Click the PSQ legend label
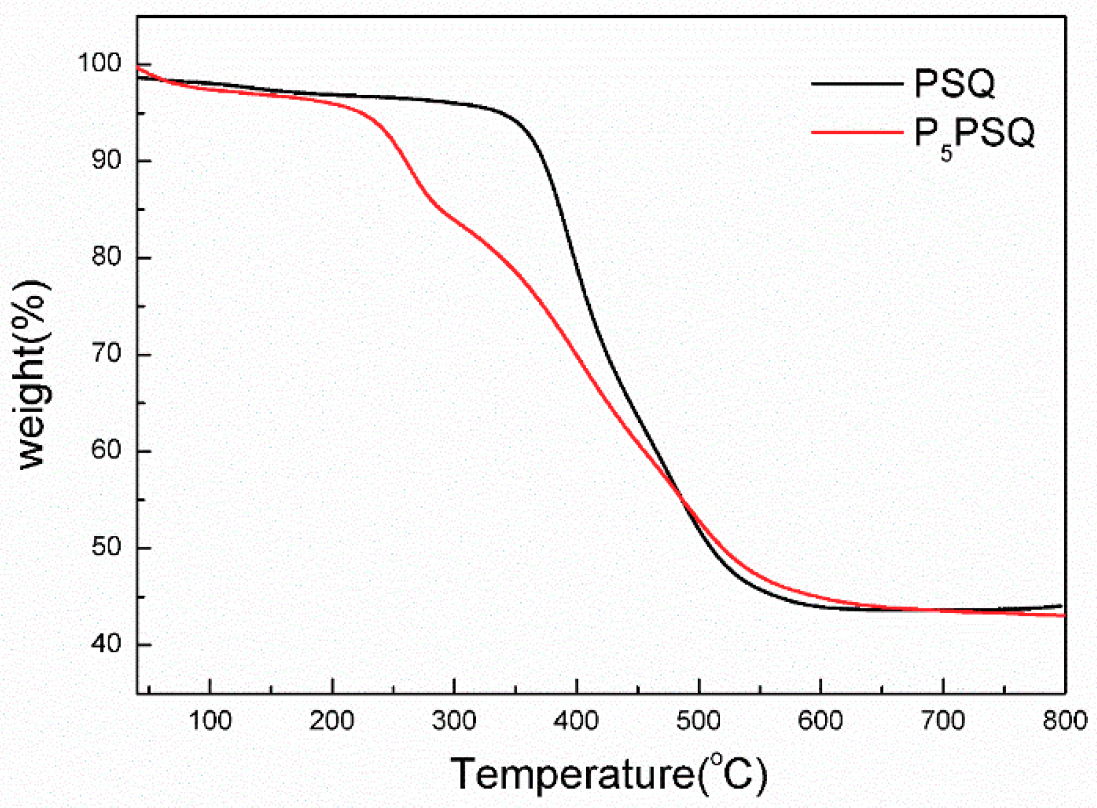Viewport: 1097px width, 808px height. click(954, 84)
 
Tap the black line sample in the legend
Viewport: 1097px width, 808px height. click(856, 84)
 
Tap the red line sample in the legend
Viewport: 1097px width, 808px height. click(856, 132)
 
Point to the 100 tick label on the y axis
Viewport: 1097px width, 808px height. click(99, 63)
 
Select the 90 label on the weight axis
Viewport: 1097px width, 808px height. click(106, 160)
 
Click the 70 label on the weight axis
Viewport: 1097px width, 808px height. click(106, 353)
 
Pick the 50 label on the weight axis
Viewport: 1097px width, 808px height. click(106, 547)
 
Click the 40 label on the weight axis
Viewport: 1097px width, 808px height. click(106, 643)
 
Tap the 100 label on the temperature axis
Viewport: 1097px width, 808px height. click(210, 721)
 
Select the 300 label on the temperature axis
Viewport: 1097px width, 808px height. click(454, 721)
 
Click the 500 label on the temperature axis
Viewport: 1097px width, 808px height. click(698, 721)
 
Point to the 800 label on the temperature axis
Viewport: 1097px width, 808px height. click(1064, 721)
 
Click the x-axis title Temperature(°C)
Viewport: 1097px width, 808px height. click(609, 774)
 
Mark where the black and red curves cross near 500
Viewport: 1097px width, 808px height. click(683, 498)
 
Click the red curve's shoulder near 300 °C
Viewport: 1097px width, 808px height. click(446, 215)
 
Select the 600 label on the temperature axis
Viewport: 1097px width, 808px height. click(820, 721)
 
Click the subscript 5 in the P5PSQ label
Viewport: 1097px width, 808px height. click(946, 154)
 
